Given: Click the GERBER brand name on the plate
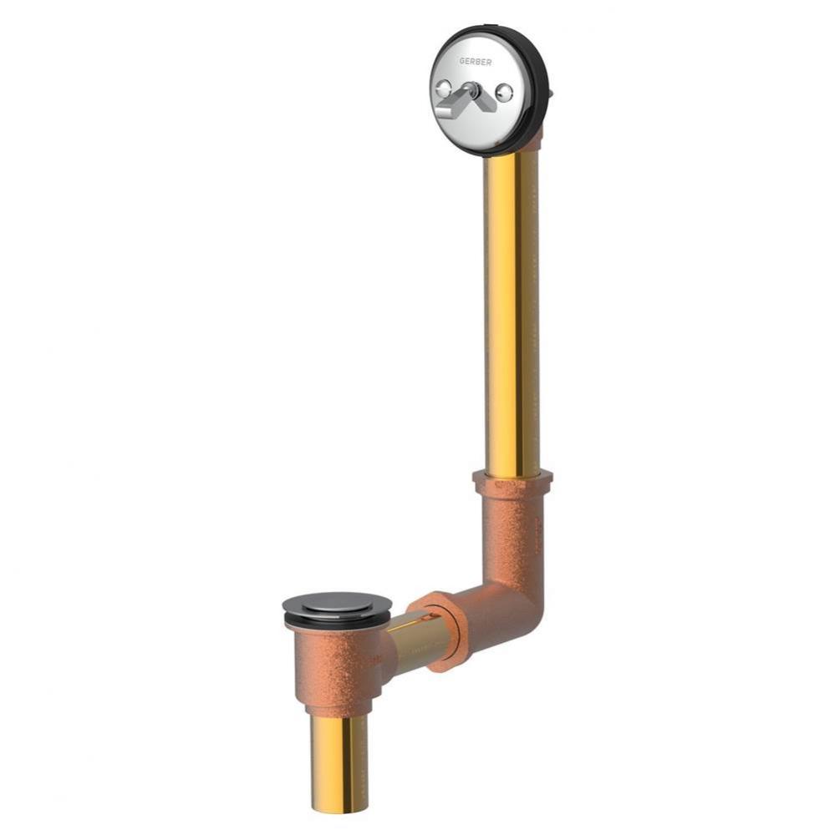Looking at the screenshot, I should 475,61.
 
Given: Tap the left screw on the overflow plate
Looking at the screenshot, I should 444,87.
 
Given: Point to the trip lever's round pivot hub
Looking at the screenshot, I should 473,90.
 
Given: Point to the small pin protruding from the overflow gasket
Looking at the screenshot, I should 551,89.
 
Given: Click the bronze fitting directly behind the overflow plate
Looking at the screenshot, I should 531,139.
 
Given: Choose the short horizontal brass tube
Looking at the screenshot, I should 412,639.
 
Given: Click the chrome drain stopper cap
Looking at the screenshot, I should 336,605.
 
